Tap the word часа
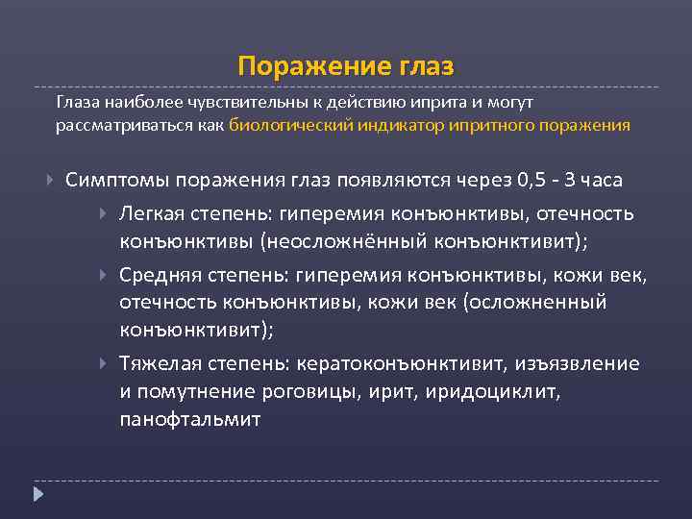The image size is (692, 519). tap(597, 180)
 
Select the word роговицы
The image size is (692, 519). tap(329, 391)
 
